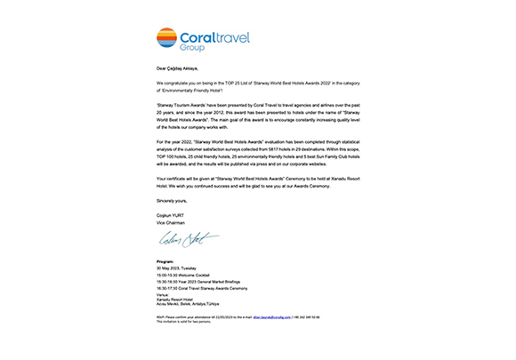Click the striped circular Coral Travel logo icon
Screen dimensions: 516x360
tap(166, 37)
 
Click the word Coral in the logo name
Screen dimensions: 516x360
tap(201, 38)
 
